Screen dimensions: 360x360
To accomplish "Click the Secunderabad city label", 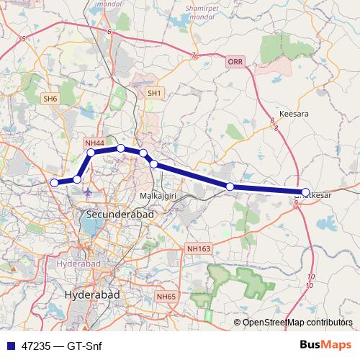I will [115, 214].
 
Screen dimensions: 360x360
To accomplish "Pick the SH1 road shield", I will [155, 93].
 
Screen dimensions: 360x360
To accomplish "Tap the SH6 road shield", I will [50, 98].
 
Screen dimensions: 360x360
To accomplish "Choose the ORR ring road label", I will [235, 63].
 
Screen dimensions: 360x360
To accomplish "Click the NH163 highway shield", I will [198, 248].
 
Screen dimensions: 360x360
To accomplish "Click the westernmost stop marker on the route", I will [54, 183].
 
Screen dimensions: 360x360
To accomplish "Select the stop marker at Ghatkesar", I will [305, 192].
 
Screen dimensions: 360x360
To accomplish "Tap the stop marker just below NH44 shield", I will [91, 153].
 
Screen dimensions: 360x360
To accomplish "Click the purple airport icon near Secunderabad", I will [88, 193].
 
